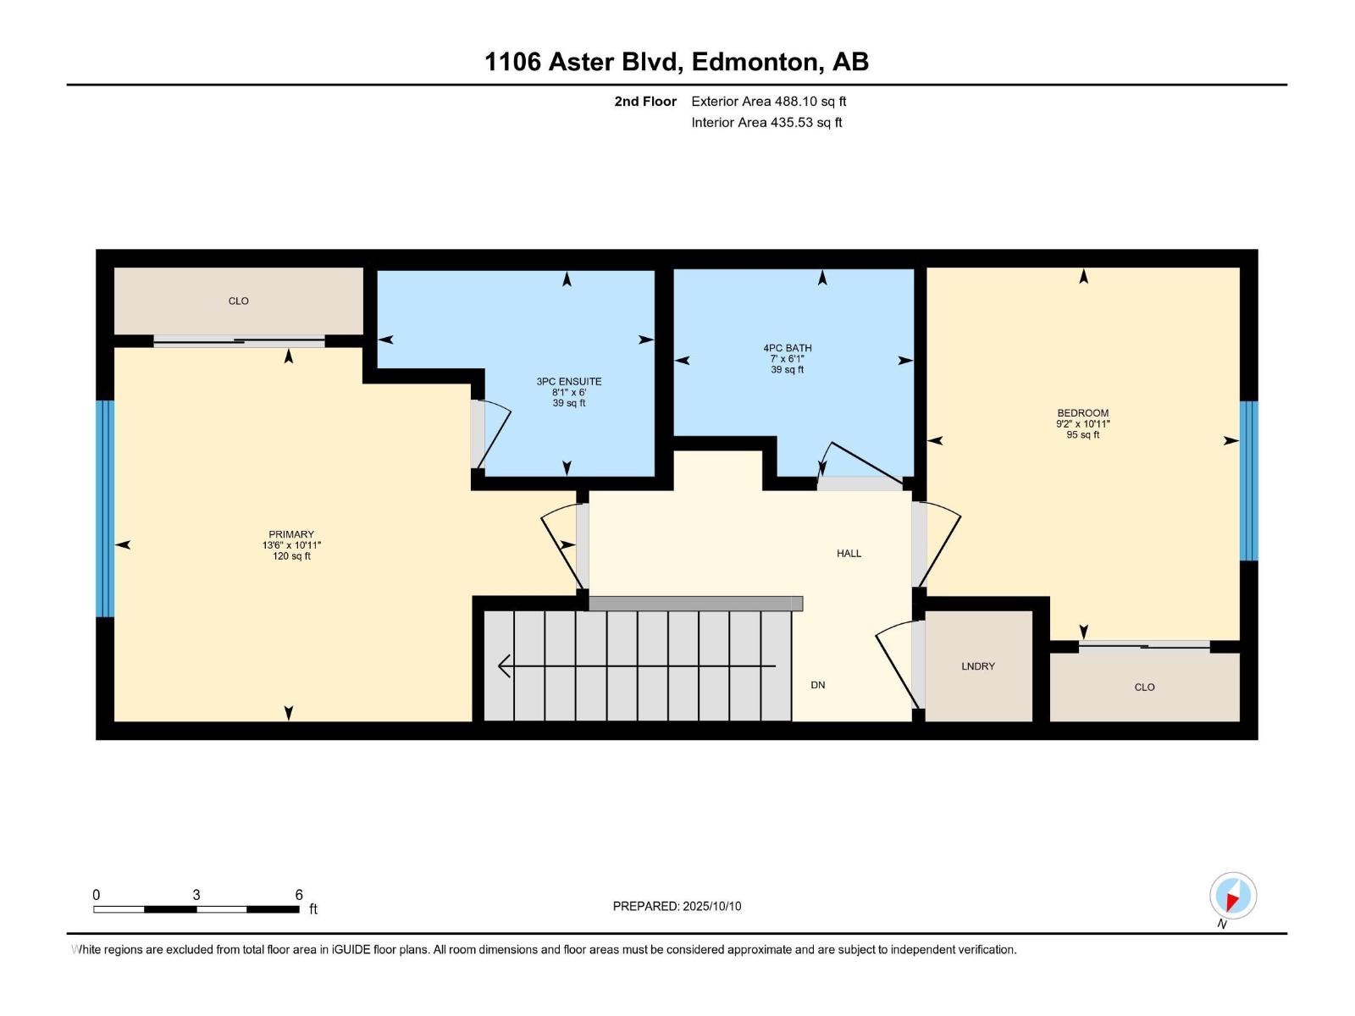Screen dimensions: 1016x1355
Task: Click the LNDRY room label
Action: (977, 666)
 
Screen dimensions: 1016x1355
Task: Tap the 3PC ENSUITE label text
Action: (568, 382)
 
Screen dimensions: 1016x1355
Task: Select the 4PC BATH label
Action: (787, 348)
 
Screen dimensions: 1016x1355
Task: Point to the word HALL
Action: (849, 554)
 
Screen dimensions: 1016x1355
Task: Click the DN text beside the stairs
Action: (817, 685)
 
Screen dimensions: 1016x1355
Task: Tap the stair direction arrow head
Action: (504, 666)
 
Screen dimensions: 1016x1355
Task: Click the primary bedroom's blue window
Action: (104, 508)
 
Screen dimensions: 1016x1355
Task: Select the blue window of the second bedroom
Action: (1248, 481)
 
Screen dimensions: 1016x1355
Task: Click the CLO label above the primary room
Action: (238, 301)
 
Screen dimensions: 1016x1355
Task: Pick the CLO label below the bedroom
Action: (1144, 687)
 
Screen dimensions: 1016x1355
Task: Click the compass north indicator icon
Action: (1232, 897)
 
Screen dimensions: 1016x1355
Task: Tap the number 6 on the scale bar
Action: (299, 895)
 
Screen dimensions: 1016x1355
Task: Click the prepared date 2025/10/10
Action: (711, 906)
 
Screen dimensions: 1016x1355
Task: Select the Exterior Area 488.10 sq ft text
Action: (768, 102)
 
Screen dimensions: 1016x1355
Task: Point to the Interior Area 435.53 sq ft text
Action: (766, 123)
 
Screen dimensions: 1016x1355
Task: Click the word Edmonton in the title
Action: (755, 62)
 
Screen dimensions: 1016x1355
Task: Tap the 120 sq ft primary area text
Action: (291, 556)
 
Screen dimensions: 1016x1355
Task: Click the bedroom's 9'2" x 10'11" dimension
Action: (1082, 424)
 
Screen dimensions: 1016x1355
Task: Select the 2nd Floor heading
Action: (645, 102)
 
